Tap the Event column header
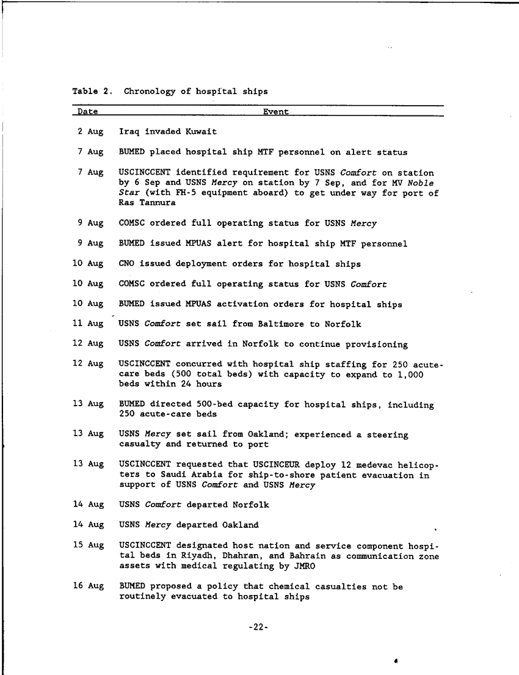pos(276,112)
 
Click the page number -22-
pos(259,627)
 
